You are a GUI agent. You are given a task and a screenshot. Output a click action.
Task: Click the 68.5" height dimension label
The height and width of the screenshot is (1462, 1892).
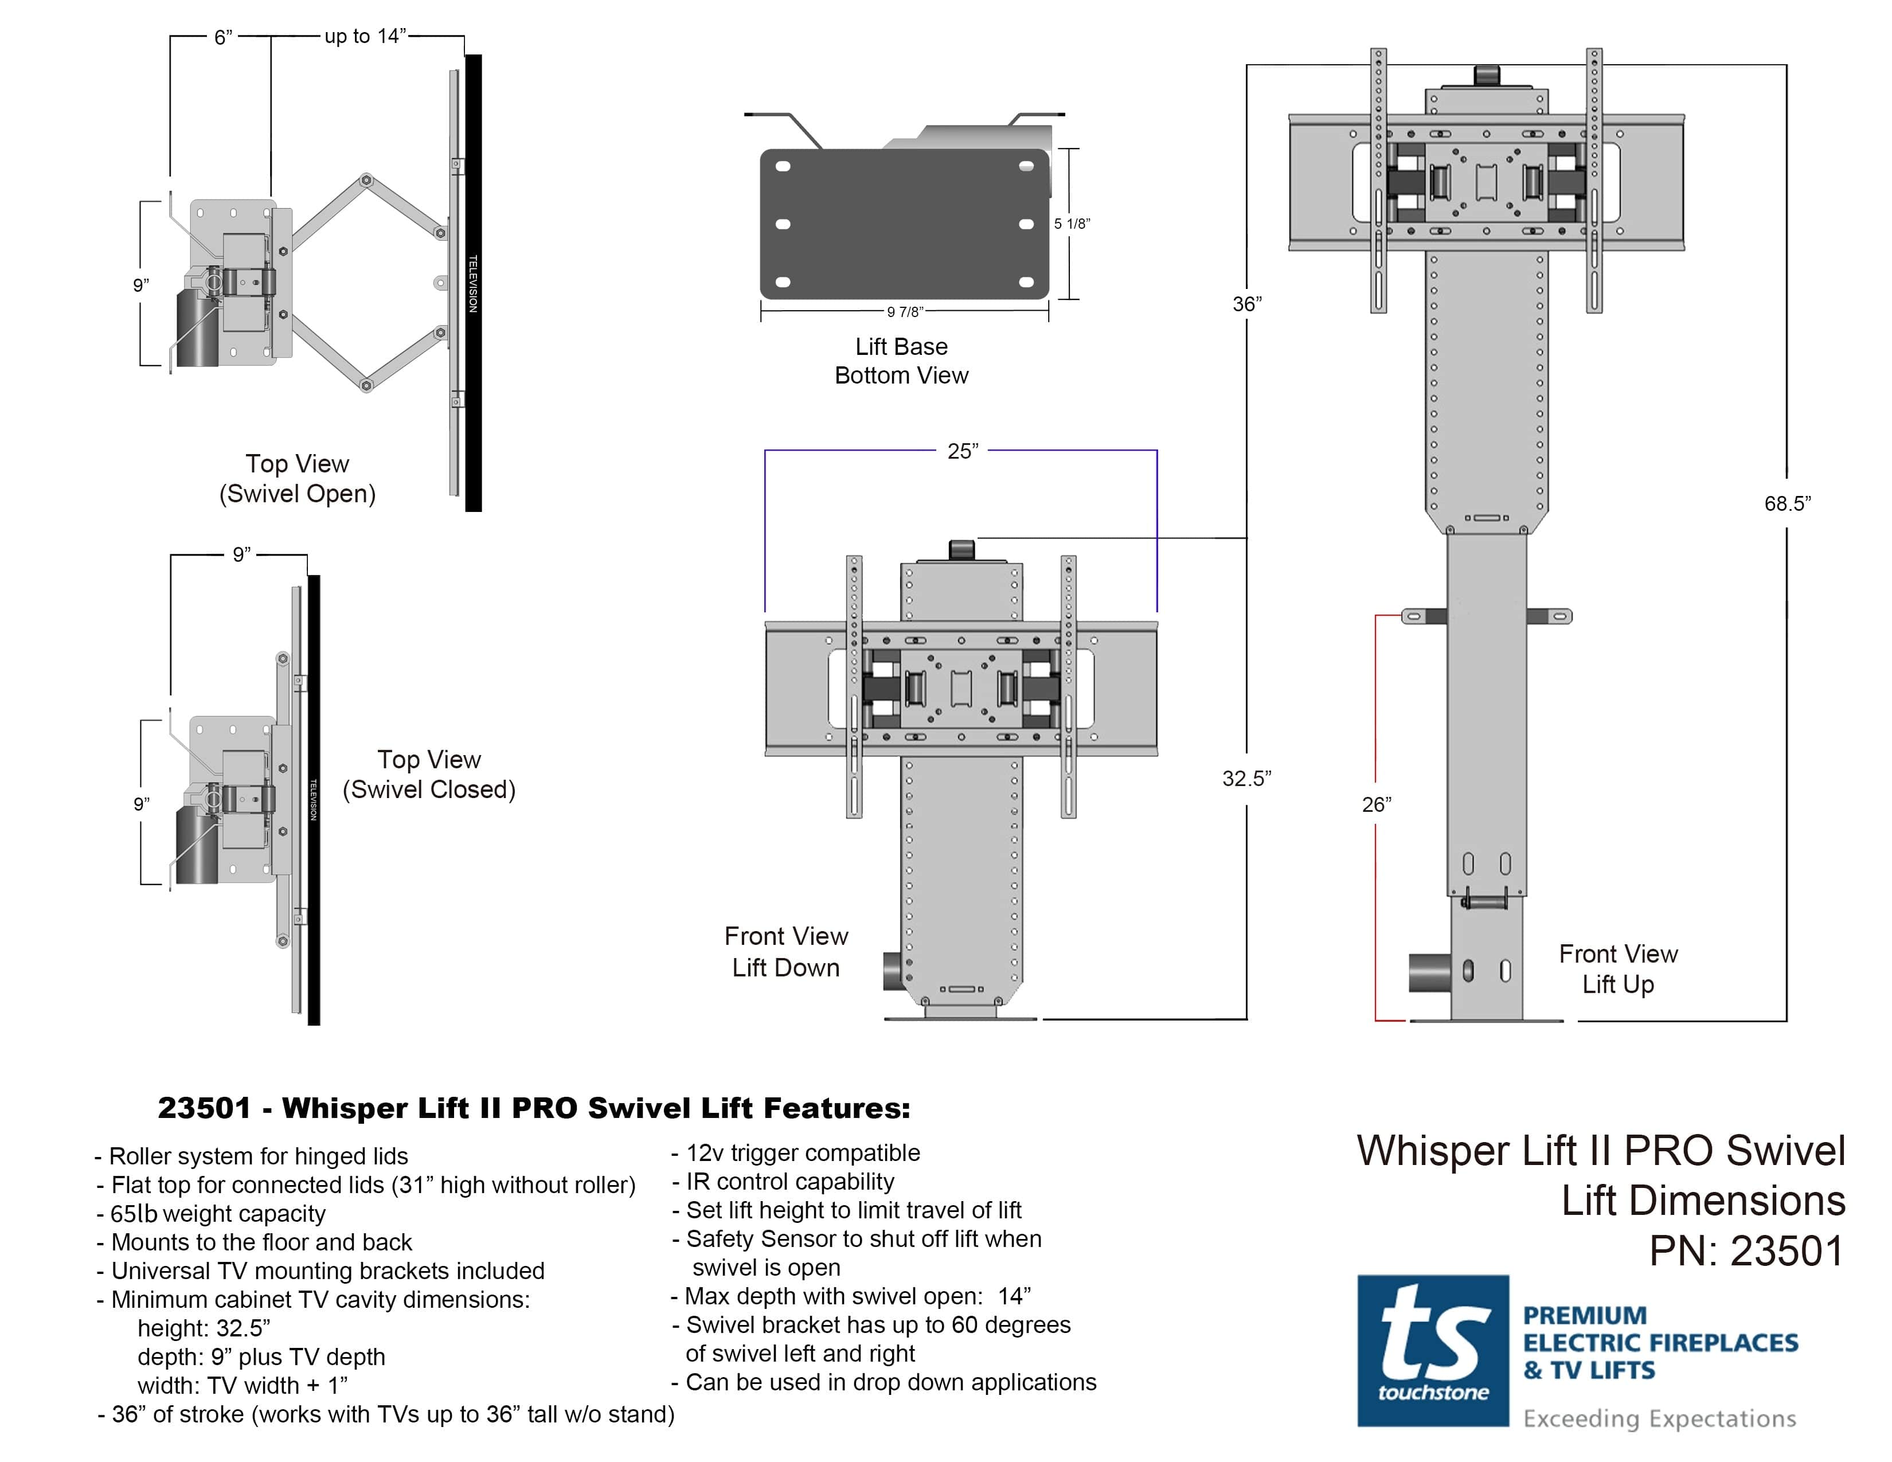coord(1787,503)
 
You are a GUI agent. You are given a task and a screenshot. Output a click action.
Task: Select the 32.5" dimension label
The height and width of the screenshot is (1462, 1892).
coord(1246,778)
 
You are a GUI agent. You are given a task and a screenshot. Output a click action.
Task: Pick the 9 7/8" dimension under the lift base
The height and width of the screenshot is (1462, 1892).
coord(904,312)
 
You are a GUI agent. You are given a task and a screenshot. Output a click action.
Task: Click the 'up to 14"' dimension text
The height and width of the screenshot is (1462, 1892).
coord(365,36)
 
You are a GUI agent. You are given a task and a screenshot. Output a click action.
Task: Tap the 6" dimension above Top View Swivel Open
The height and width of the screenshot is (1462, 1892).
coord(222,37)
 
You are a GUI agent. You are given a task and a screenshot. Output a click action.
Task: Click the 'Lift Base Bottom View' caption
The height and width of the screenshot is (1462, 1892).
coord(901,360)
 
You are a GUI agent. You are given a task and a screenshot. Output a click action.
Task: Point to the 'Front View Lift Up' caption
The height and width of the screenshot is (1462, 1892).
coord(1617,968)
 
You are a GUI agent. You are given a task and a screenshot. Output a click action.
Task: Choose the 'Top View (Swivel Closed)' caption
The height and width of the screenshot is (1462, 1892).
coord(429,775)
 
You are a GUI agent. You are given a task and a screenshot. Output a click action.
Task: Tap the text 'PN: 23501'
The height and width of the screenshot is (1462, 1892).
coord(1746,1250)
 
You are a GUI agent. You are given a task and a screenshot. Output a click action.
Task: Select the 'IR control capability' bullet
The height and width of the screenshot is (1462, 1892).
coord(789,1182)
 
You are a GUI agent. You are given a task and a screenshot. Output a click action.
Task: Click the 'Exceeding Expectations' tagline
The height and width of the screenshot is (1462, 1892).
coord(1659,1418)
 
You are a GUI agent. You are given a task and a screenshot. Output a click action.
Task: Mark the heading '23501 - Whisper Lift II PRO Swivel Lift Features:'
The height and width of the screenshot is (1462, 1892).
coord(534,1108)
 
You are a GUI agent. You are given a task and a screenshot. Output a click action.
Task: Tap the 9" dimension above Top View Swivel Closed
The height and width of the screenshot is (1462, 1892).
coord(241,554)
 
